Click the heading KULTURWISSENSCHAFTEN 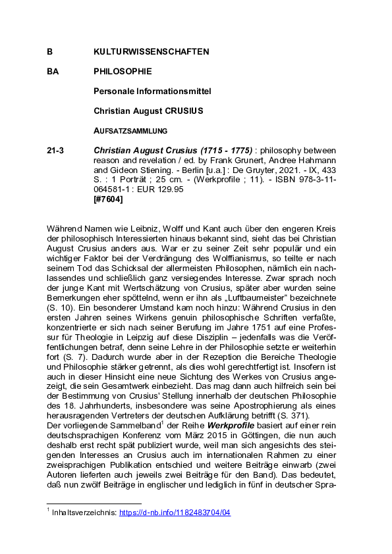(152, 51)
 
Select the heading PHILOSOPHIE (123, 71)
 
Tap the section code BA (53, 71)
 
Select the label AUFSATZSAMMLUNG (130, 130)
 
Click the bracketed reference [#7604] (109, 199)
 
